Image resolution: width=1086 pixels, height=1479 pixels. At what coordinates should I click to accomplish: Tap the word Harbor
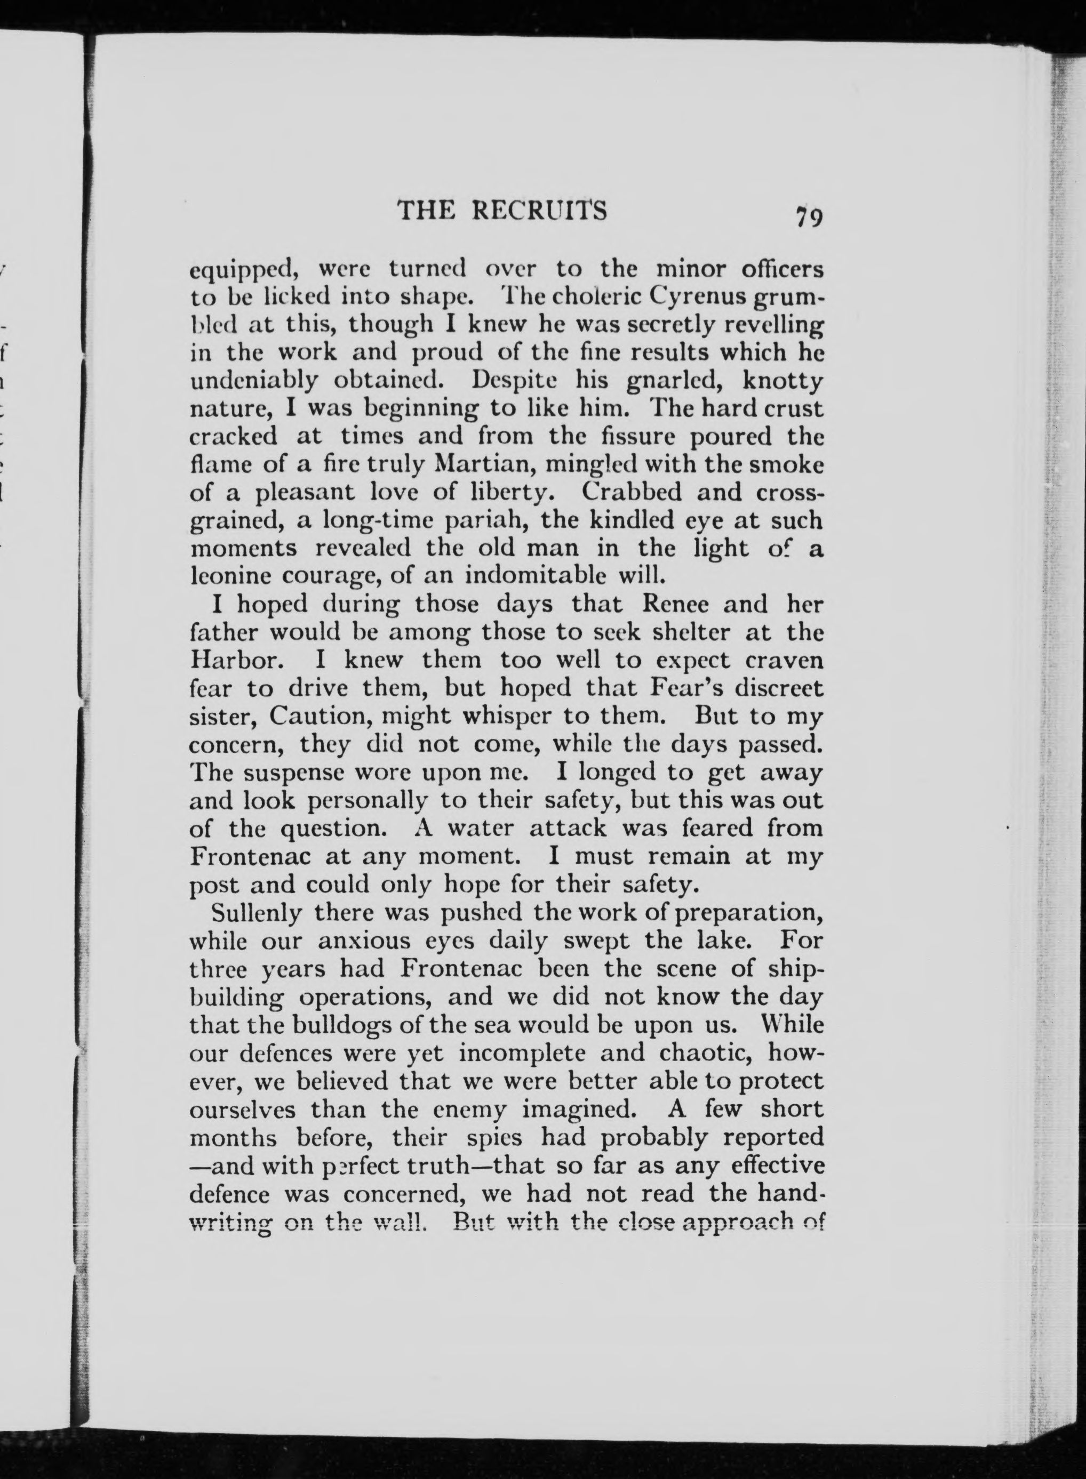[x=231, y=660]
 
